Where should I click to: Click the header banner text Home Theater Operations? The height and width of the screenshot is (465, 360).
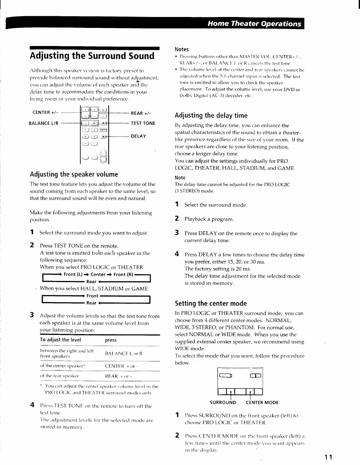pyautogui.click(x=254, y=24)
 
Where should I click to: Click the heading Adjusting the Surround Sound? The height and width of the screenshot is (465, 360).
pyautogui.click(x=92, y=56)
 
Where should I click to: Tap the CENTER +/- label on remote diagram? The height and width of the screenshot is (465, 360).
pyautogui.click(x=44, y=112)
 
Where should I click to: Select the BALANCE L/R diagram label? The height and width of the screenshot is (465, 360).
pyautogui.click(x=43, y=123)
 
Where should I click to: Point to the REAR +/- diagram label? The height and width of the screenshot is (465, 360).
pyautogui.click(x=141, y=113)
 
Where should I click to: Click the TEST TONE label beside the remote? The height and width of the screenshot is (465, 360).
pyautogui.click(x=143, y=123)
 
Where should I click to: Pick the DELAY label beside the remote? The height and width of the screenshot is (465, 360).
pyautogui.click(x=138, y=136)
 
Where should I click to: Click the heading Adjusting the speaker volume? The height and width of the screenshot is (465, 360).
pyautogui.click(x=74, y=174)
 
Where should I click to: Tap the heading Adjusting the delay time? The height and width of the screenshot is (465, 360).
pyautogui.click(x=211, y=115)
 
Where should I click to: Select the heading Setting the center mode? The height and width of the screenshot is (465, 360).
pyautogui.click(x=211, y=304)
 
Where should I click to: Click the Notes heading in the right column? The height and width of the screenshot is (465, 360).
pyautogui.click(x=182, y=49)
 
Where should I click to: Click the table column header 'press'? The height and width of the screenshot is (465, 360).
pyautogui.click(x=111, y=340)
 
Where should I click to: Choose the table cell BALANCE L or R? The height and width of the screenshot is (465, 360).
pyautogui.click(x=123, y=353)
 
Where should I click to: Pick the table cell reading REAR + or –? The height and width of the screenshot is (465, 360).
pyautogui.click(x=118, y=376)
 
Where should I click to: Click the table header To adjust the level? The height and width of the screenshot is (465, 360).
pyautogui.click(x=60, y=340)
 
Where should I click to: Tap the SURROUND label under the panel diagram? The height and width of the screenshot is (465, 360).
pyautogui.click(x=223, y=402)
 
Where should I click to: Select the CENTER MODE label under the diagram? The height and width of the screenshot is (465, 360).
pyautogui.click(x=262, y=402)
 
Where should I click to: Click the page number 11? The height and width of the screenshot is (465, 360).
pyautogui.click(x=328, y=457)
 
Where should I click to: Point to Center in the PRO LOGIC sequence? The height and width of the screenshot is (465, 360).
pyautogui.click(x=98, y=275)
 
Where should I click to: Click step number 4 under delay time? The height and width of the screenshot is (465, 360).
pyautogui.click(x=176, y=254)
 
